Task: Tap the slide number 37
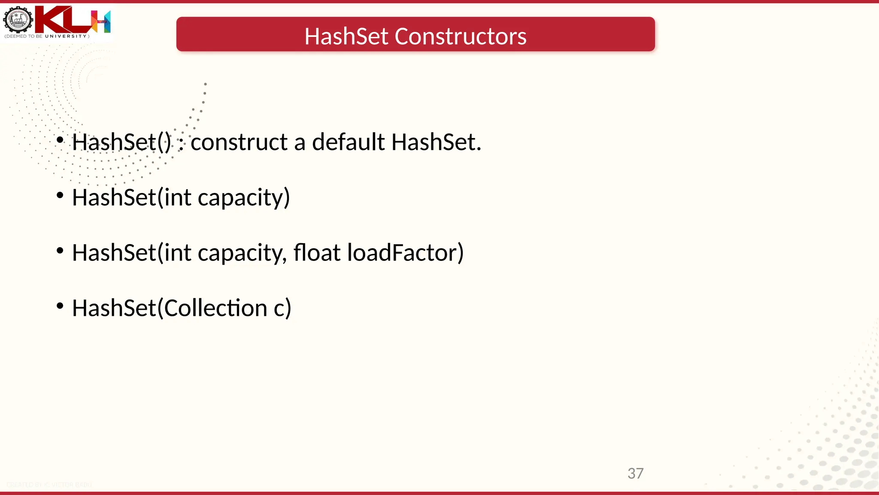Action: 635,474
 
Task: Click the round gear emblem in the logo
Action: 18,20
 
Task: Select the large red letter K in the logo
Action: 52,20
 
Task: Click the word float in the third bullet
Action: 317,252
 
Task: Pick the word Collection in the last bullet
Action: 215,308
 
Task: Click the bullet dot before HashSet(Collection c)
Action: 60,306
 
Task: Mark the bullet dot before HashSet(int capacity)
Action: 60,196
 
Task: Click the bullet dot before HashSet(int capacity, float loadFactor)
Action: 60,251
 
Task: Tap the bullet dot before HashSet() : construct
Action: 60,140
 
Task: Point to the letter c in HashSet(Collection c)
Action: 279,309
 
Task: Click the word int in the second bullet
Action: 177,197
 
